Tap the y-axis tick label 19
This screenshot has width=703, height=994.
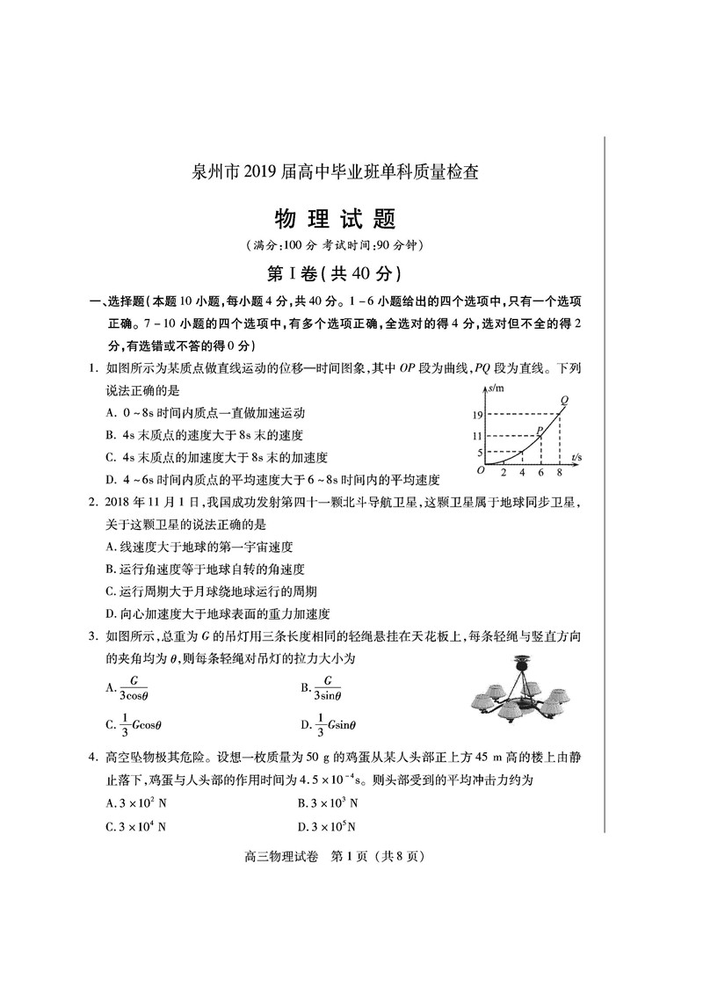(x=476, y=414)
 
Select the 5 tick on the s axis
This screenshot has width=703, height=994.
(x=479, y=453)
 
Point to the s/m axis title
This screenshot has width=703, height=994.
(x=498, y=388)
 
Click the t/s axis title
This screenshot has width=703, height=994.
(x=576, y=458)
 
